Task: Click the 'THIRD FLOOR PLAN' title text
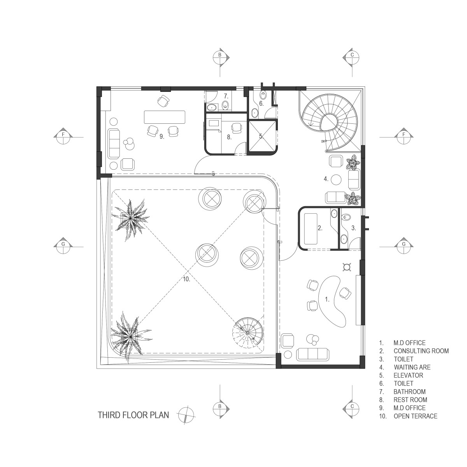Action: (x=133, y=415)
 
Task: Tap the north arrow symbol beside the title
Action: (x=186, y=415)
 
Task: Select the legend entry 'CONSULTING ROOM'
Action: (x=421, y=351)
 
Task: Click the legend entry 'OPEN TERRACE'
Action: (x=415, y=416)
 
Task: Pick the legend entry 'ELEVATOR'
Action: (x=408, y=376)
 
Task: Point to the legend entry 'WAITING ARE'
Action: (x=412, y=367)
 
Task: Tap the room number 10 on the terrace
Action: (x=186, y=279)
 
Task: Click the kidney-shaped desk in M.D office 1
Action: (x=332, y=302)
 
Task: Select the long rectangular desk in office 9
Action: (x=165, y=117)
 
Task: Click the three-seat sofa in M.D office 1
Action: (x=313, y=354)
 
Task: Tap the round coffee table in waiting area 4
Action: (x=336, y=179)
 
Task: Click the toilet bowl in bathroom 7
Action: (x=226, y=105)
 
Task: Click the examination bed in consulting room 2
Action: (x=311, y=229)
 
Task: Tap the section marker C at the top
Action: (x=352, y=58)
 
